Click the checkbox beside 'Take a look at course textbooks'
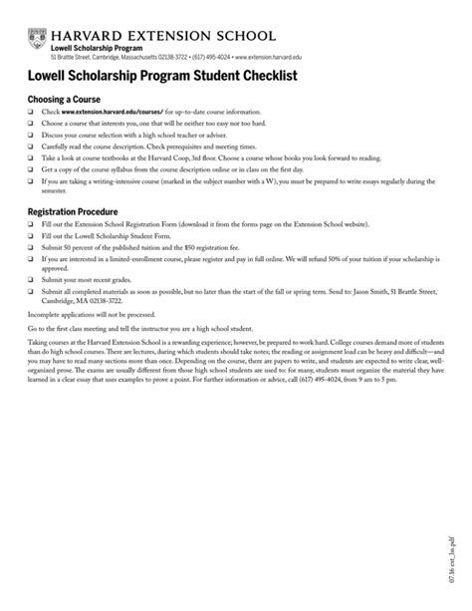[30, 157]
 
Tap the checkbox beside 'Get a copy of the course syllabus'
[30, 168]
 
